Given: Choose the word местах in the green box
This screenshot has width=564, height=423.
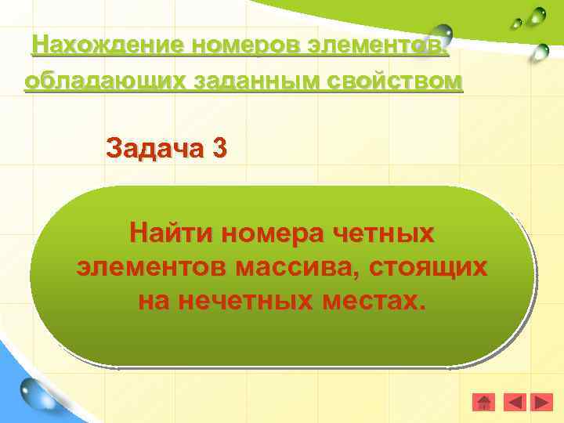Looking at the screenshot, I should [373, 301].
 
